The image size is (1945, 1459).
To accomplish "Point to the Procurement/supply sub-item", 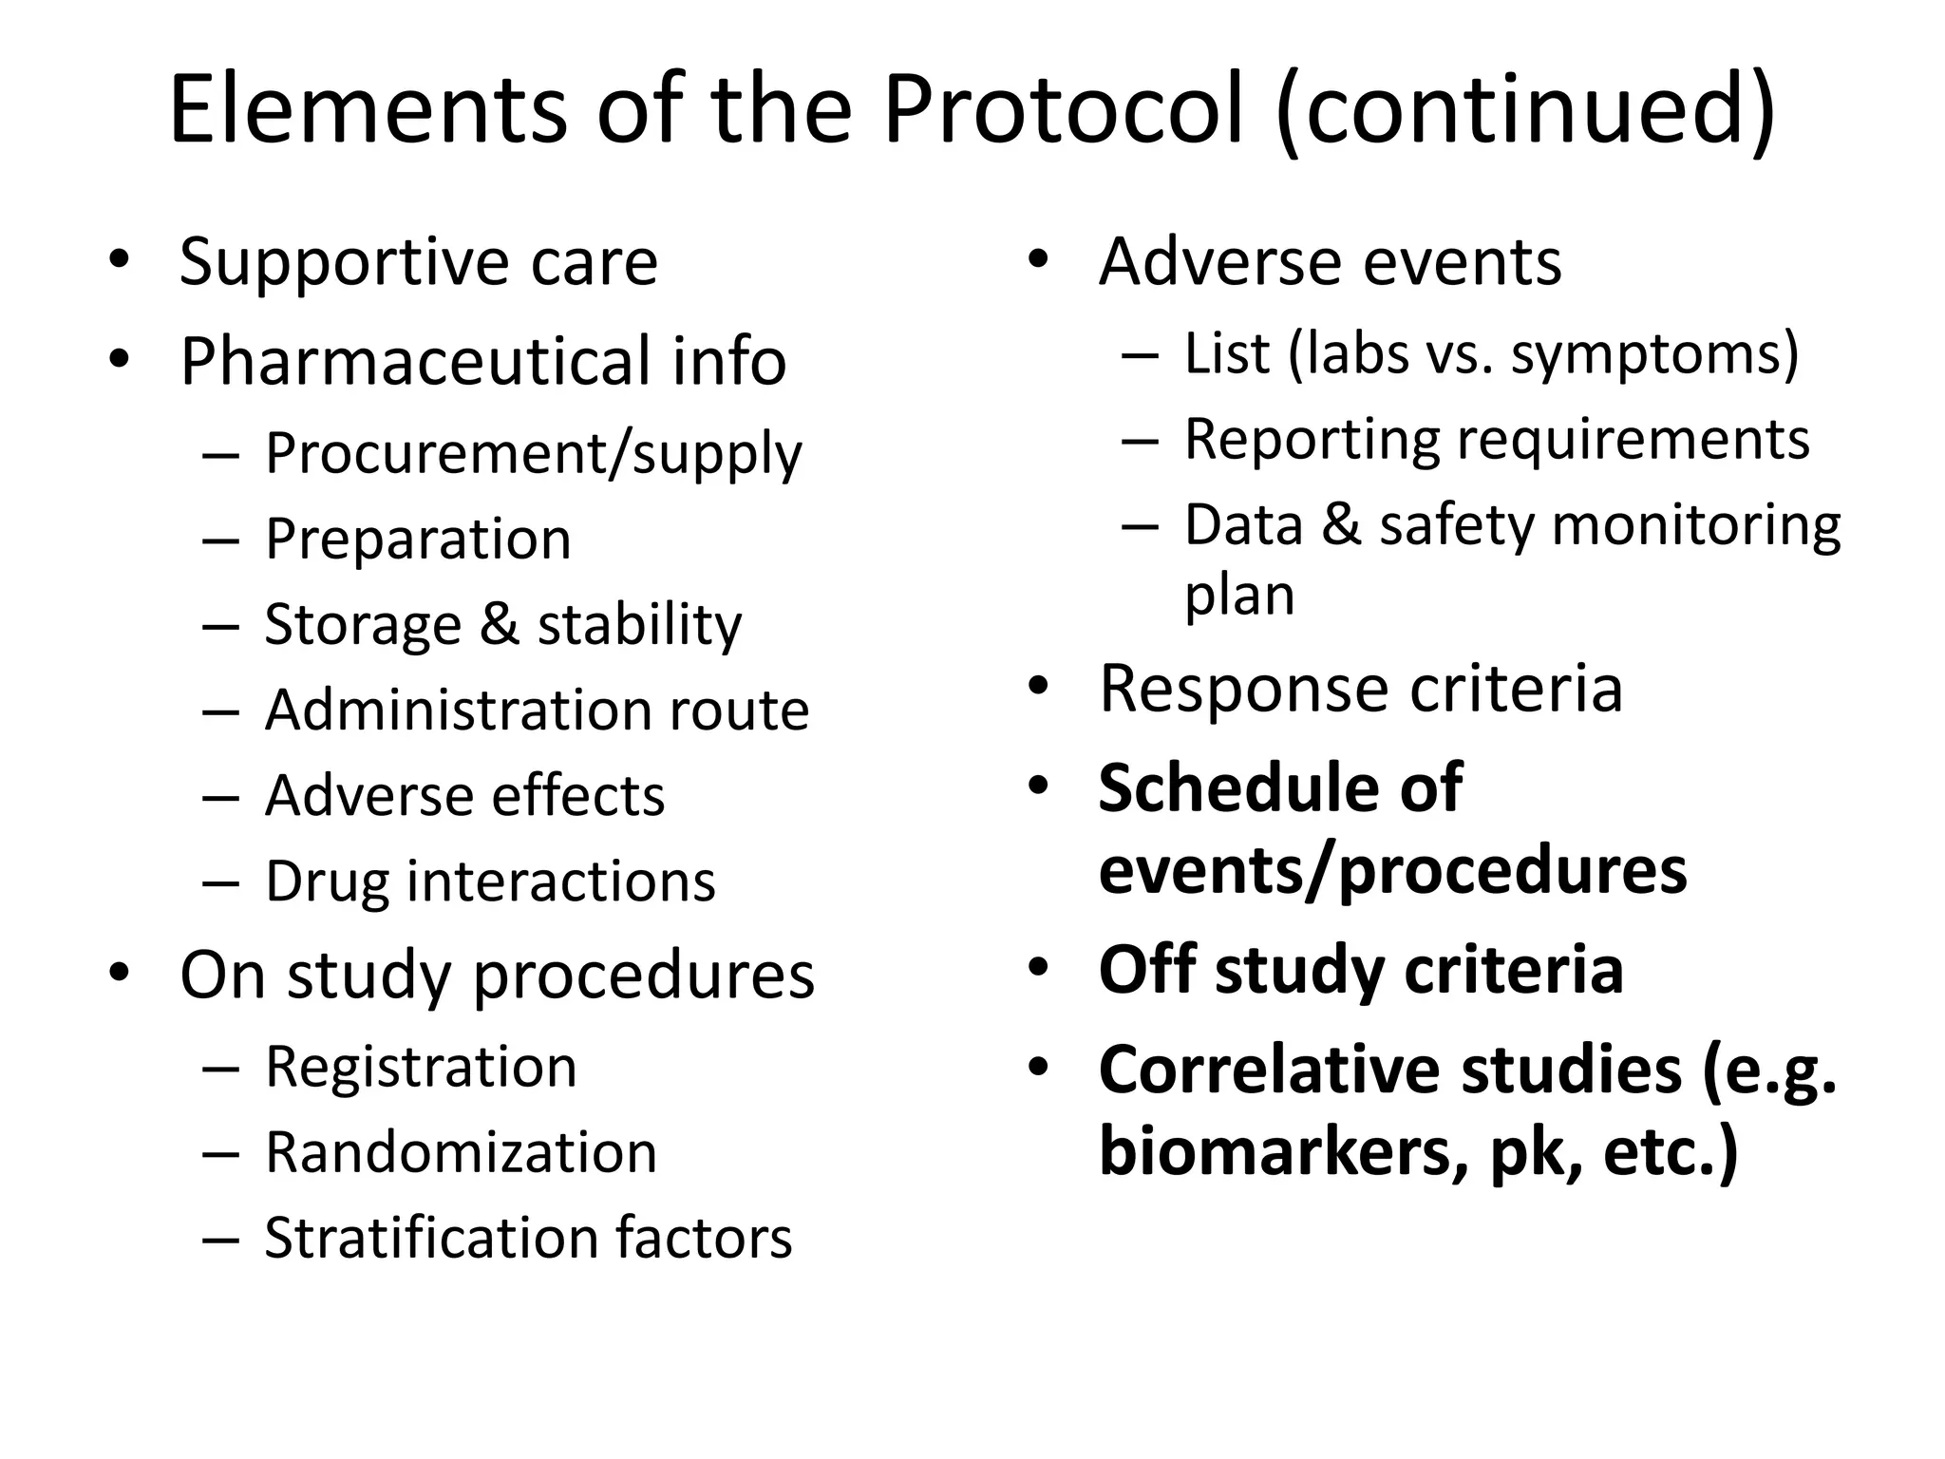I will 533,453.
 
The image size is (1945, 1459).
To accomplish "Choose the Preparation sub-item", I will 418,539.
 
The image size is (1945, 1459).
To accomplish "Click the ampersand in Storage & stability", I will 499,624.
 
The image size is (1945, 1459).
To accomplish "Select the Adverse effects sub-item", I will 464,795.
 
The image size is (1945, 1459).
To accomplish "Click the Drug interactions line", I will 490,881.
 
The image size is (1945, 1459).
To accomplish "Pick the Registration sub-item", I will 421,1066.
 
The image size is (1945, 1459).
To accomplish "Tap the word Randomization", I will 461,1152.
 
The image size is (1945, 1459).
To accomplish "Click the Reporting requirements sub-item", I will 1497,439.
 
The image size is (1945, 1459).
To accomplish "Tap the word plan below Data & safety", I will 1239,597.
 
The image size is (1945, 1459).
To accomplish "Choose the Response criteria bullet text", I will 1360,688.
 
